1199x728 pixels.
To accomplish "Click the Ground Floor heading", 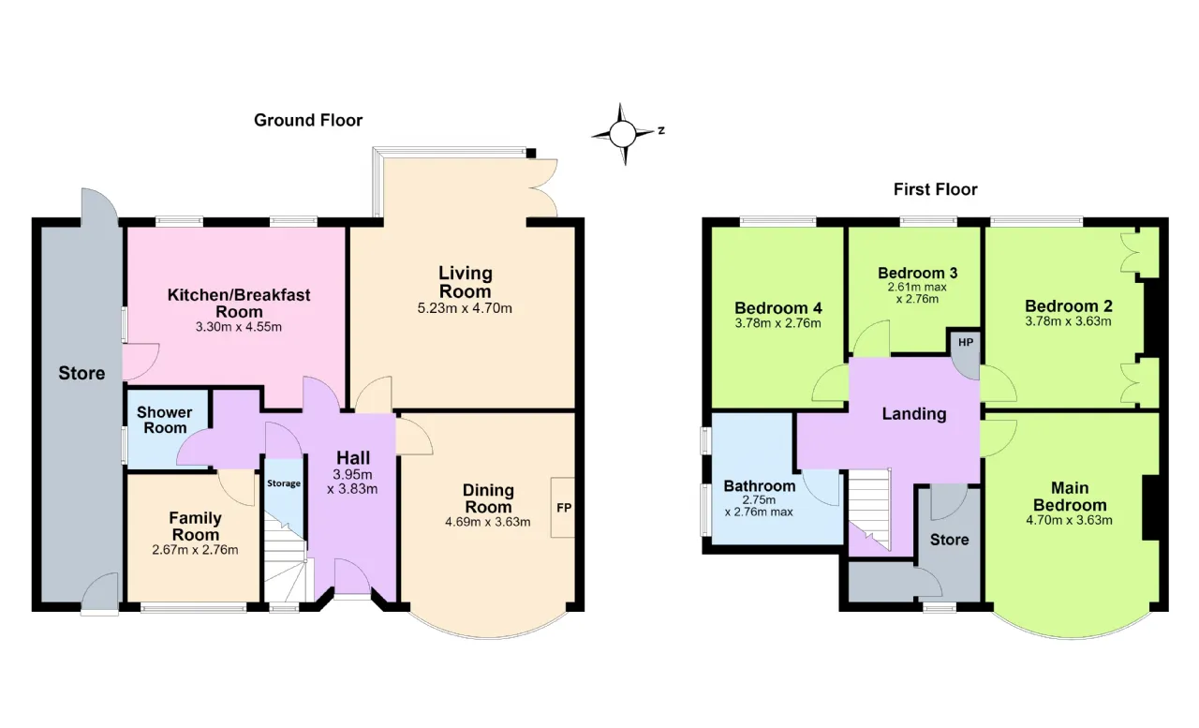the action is pos(308,121).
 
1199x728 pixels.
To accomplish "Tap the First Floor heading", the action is pos(935,189).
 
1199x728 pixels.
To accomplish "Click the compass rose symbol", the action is pos(623,134).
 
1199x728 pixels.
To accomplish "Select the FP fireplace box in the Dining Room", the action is pos(563,507).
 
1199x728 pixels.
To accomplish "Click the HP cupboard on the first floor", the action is pos(965,350).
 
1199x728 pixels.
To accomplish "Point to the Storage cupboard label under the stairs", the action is pos(284,483).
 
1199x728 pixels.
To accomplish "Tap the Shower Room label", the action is pos(164,420).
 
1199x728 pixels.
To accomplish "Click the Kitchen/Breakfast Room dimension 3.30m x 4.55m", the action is pos(238,327).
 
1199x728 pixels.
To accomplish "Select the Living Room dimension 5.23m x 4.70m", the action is pos(465,308).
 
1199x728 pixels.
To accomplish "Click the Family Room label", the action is pos(195,527).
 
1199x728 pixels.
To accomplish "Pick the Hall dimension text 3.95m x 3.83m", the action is pos(352,482).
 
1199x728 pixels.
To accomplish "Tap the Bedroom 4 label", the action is pos(777,308).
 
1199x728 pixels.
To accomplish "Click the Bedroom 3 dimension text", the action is pos(917,293).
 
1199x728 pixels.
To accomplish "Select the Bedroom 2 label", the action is pos(1069,306).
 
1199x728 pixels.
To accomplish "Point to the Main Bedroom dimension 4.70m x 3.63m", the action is pos(1069,520).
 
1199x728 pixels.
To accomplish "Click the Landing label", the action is pos(913,414).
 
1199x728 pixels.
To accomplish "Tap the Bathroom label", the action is pos(759,486).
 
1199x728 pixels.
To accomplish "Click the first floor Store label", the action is pos(949,540).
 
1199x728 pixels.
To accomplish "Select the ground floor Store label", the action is pos(81,373).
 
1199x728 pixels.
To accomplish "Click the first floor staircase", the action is pos(870,510).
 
